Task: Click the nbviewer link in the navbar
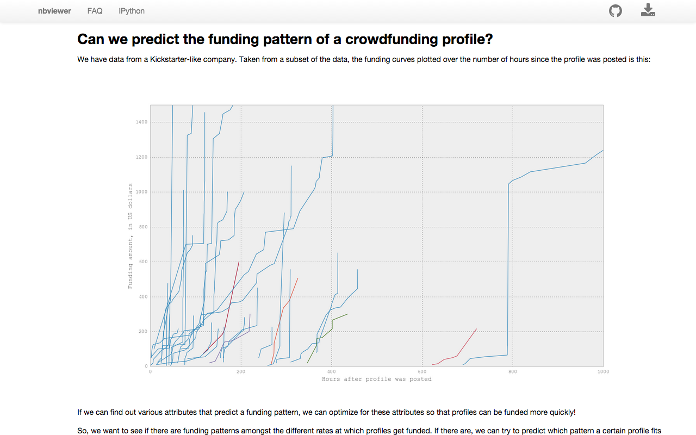point(54,11)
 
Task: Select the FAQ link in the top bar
point(95,11)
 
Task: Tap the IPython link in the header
point(132,11)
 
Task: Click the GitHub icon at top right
point(616,11)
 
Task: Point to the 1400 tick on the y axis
point(141,122)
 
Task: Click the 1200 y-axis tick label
point(141,157)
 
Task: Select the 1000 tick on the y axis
point(141,192)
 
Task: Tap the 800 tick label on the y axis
point(143,227)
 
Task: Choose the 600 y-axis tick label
point(143,262)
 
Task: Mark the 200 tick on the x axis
point(241,372)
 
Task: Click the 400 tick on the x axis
point(332,372)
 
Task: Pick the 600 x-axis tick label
point(422,372)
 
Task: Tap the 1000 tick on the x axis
point(603,372)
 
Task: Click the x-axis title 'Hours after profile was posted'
point(377,379)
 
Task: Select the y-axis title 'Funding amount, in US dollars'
point(130,235)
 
